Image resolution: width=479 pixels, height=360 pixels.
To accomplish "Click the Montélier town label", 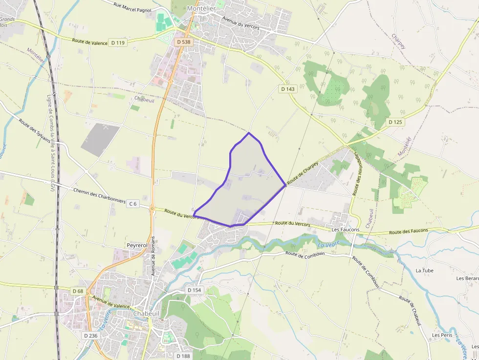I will (201, 8).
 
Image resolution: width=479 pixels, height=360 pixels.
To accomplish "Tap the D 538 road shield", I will (183, 42).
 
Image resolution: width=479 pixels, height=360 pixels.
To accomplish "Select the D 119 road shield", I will (118, 43).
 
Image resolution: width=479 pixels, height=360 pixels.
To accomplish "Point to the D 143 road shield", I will (288, 89).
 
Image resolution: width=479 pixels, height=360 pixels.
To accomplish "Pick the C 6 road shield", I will (132, 204).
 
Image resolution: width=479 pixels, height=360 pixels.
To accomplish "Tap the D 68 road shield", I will (78, 291).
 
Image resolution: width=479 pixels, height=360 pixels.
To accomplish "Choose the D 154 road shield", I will (194, 290).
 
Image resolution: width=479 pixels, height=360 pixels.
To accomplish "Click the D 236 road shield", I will (90, 336).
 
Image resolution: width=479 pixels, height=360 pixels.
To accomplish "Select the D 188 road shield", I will (182, 356).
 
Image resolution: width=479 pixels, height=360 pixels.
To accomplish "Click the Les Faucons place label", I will (346, 229).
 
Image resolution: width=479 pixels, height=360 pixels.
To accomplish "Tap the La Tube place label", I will (424, 270).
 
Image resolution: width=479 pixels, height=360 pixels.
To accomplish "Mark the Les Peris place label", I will (442, 335).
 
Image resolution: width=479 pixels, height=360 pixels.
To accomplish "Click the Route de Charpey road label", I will (303, 173).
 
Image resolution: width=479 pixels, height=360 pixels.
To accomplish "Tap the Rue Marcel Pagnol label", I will (132, 7).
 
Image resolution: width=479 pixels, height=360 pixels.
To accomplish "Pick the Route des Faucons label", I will (408, 231).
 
